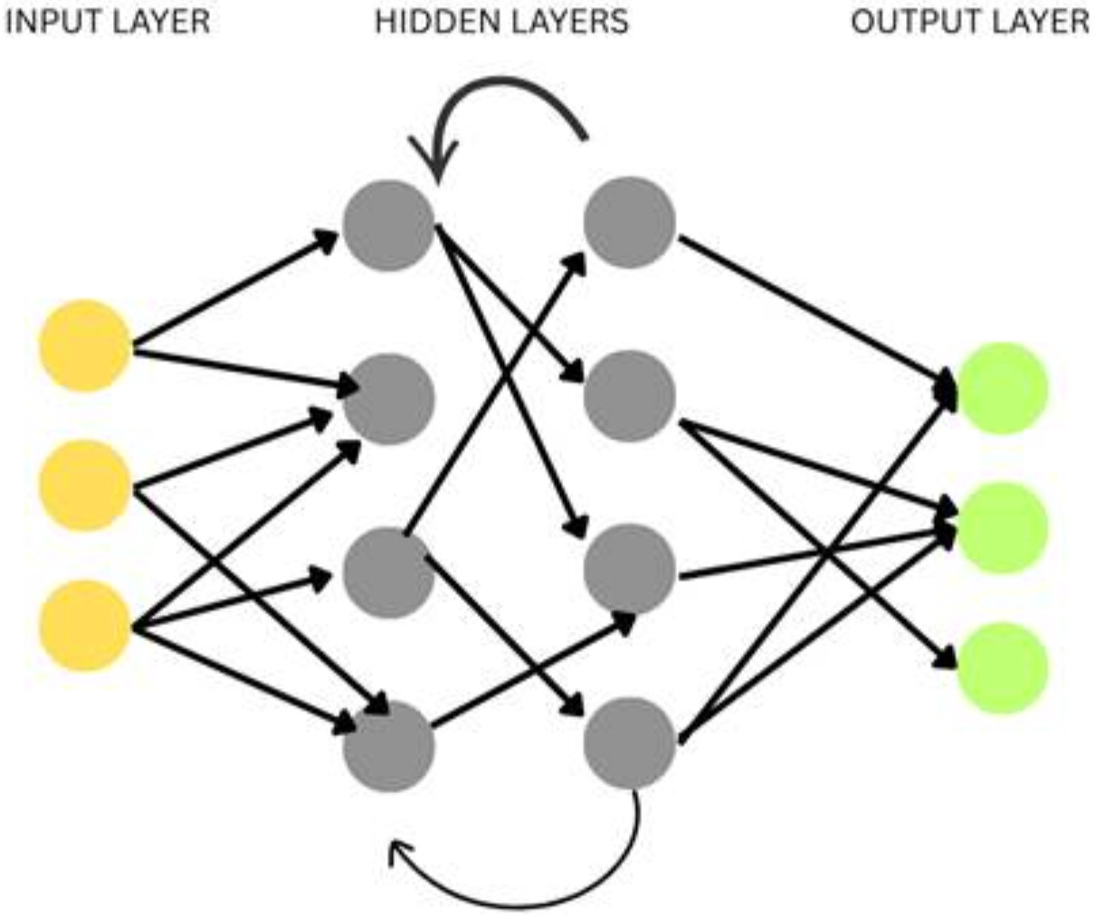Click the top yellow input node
85,346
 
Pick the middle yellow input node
85,486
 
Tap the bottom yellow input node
85,626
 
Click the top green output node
1002,389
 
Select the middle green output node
1002,528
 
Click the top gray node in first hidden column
389,224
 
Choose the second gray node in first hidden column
389,398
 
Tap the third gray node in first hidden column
389,572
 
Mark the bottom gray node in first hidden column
389,746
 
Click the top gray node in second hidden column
630,222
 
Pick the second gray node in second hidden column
630,396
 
